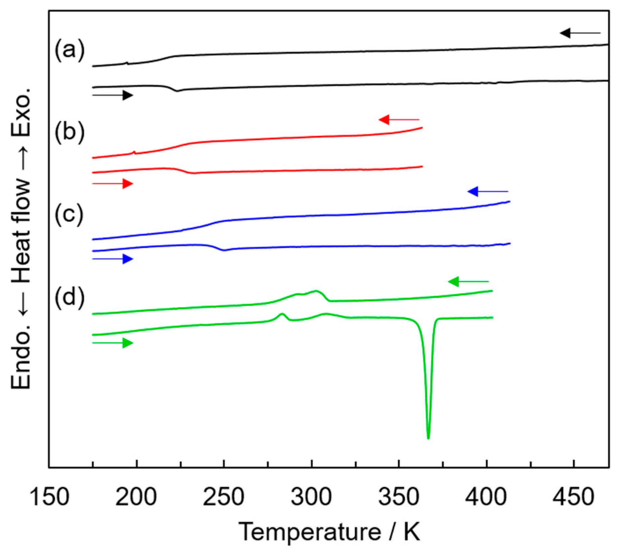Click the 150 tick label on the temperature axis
(50, 497)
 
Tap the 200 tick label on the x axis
(136, 497)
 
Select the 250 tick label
(224, 497)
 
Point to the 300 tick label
(311, 497)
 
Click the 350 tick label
(399, 497)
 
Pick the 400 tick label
(486, 497)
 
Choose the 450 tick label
(573, 497)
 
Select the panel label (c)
(69, 216)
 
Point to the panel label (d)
(70, 298)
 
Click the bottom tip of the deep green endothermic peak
(428, 438)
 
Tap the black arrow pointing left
(580, 33)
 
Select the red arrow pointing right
(113, 183)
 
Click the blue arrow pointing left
(488, 191)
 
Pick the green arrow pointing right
(113, 343)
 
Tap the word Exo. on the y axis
(20, 113)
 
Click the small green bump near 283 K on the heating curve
(282, 314)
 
